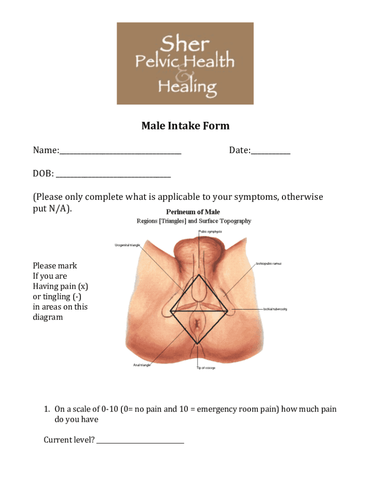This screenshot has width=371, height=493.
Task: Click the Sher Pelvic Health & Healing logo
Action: point(185,63)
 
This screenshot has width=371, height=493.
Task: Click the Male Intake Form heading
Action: point(185,126)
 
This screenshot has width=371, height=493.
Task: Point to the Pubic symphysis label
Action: point(211,232)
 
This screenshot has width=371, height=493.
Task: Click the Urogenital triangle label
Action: point(127,245)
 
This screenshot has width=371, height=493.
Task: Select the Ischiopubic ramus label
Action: point(268,264)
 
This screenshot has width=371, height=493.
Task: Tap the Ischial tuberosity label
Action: point(275,309)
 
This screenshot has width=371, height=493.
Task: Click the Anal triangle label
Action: point(142,365)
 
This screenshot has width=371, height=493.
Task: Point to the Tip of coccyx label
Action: point(206,368)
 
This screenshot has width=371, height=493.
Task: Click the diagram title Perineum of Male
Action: point(193,212)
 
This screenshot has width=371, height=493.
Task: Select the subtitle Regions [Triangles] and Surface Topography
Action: point(194,221)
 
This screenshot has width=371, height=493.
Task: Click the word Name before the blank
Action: point(45,151)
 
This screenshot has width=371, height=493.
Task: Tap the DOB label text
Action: point(42,174)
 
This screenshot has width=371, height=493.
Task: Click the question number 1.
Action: point(47,409)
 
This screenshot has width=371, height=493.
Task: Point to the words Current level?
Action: point(69,440)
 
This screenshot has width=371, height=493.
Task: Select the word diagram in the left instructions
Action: point(48,317)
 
